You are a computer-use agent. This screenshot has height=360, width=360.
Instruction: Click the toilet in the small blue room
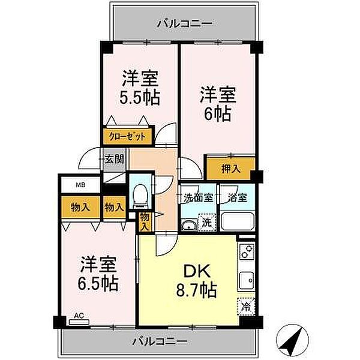click(x=140, y=197)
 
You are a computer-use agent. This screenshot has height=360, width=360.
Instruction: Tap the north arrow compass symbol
click(x=292, y=340)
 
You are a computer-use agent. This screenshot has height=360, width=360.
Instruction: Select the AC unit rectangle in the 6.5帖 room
click(x=79, y=322)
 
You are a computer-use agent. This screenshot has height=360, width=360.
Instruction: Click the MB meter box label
click(x=81, y=185)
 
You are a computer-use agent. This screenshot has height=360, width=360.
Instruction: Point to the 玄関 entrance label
click(x=115, y=159)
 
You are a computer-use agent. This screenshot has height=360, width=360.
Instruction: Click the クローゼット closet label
click(x=127, y=137)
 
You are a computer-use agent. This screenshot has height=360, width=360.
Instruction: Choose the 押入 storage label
click(x=231, y=169)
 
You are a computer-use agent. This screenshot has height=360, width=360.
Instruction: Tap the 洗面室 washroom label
click(x=199, y=197)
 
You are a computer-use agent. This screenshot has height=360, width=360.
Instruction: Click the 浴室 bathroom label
click(x=238, y=197)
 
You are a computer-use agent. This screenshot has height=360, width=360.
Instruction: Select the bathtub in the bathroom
click(x=238, y=221)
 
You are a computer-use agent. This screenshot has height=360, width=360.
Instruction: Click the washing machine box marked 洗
click(x=208, y=223)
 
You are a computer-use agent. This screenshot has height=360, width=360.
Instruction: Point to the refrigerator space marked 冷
click(x=246, y=306)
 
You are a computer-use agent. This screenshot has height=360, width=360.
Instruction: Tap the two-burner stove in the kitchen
click(x=247, y=251)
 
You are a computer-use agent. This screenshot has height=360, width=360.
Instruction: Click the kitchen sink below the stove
click(x=247, y=280)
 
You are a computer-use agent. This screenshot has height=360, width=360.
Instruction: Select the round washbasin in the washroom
click(x=189, y=226)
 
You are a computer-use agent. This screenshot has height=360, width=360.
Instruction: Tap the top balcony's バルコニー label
click(x=185, y=23)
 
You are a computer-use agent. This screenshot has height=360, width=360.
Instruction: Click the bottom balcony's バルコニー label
click(x=160, y=341)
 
